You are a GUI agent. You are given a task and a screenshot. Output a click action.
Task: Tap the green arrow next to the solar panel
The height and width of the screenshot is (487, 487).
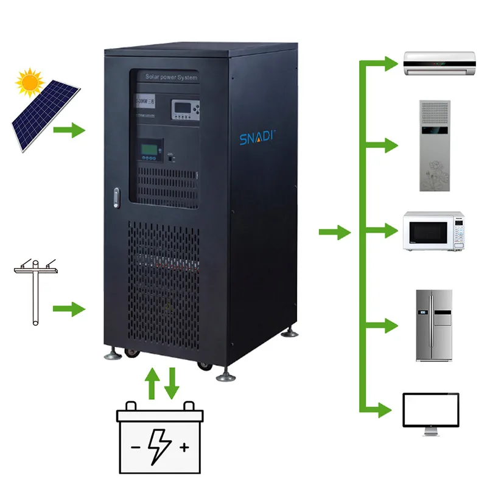[68, 130]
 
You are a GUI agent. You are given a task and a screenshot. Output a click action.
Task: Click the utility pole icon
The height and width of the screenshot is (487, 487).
[35, 292]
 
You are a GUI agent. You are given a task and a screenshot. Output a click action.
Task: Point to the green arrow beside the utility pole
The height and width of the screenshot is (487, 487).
[68, 309]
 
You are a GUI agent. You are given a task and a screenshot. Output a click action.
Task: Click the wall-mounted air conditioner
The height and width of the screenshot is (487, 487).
[440, 62]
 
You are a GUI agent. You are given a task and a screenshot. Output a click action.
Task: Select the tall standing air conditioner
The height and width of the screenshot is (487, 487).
[434, 146]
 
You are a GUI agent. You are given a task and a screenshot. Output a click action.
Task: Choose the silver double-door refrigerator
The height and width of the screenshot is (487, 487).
[434, 325]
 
